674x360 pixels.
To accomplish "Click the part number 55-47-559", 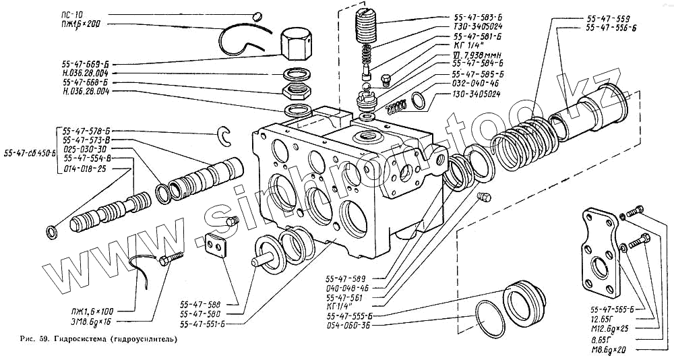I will coord(608,18).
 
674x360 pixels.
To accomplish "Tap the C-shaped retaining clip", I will coord(226,135).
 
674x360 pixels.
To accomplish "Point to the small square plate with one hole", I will coord(216,244).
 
